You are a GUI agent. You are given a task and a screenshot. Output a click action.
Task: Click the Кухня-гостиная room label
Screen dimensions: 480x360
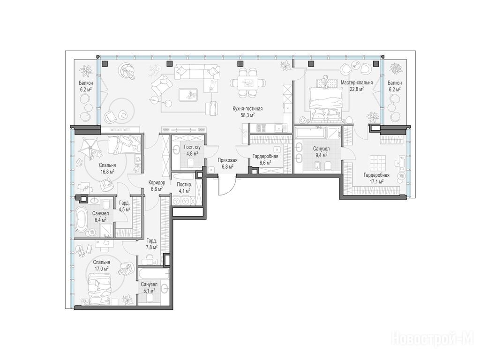coord(247,109)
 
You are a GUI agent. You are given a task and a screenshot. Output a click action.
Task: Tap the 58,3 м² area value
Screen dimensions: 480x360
coord(248,115)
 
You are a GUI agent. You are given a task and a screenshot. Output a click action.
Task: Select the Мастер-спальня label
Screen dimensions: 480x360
coord(357,82)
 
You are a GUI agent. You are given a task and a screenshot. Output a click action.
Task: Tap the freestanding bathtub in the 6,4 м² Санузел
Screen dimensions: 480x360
coord(82,219)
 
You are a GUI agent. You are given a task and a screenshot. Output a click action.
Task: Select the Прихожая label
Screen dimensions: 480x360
coord(227,160)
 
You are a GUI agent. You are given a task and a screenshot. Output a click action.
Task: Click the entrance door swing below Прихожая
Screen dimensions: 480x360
coord(227,185)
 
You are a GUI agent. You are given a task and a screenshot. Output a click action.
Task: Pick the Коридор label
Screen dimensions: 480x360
coord(157,183)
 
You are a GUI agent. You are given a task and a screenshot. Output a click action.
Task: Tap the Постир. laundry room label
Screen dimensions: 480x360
coord(185,185)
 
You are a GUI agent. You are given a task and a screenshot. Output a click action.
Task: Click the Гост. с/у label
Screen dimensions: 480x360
coord(192,147)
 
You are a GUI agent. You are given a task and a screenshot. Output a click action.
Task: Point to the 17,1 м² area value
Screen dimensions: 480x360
coord(376,181)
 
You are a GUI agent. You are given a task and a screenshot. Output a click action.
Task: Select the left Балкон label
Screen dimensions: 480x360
coord(86,83)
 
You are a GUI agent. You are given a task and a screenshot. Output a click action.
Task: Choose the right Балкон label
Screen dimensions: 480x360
coord(395,83)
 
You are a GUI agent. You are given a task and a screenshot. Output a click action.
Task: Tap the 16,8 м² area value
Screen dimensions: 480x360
coord(107,172)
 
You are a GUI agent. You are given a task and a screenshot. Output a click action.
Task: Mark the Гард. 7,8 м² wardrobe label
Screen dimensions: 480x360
coord(151,243)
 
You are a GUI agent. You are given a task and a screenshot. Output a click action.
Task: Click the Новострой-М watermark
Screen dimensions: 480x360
coord(433,340)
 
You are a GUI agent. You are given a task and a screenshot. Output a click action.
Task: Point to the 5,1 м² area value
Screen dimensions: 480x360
coord(149,291)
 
